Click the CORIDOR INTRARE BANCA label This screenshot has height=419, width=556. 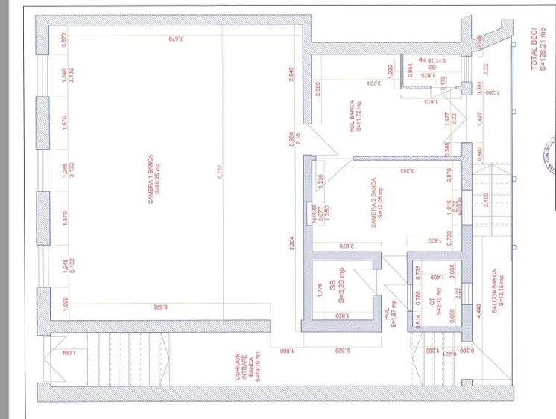pos(247,368)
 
